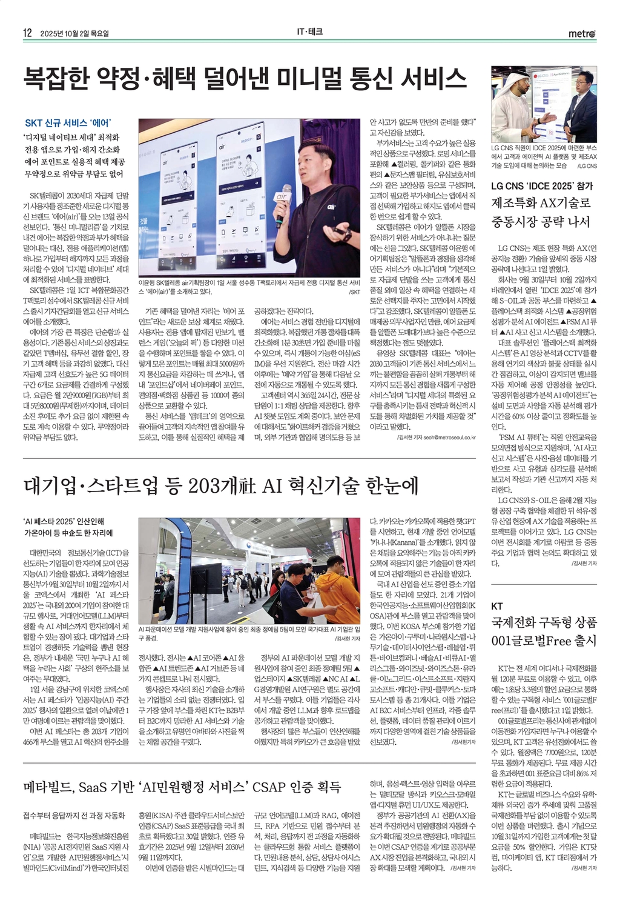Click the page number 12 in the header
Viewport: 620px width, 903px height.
[27, 33]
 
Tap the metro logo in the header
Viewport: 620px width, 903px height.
[582, 33]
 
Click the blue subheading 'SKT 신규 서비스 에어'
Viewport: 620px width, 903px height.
[67, 123]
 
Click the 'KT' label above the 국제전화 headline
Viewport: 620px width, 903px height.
[497, 606]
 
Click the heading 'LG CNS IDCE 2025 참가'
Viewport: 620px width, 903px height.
[542, 186]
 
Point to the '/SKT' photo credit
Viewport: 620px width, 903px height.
[355, 292]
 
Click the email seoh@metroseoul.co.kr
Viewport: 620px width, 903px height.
[444, 437]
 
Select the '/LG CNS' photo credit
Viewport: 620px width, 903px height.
[586, 165]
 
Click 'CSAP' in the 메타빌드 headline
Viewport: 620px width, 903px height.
[268, 787]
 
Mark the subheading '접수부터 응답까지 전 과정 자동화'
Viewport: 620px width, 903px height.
[74, 815]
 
